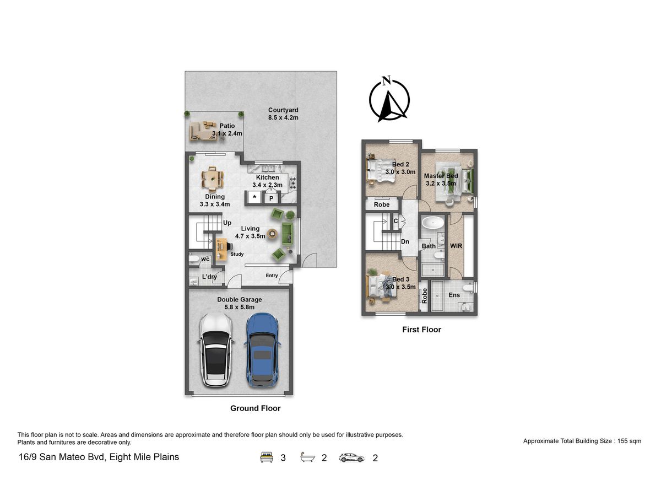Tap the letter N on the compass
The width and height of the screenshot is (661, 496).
pyautogui.click(x=386, y=80)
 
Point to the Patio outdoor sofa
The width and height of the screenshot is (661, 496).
pyautogui.click(x=203, y=131)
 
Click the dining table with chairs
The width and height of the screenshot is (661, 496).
pyautogui.click(x=213, y=179)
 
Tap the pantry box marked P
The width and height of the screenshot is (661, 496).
pyautogui.click(x=271, y=198)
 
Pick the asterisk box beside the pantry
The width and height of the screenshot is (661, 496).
pyautogui.click(x=254, y=197)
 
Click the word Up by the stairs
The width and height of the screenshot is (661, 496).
pyautogui.click(x=227, y=223)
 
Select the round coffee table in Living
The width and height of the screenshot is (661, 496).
pyautogui.click(x=272, y=234)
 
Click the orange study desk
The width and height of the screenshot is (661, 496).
pyautogui.click(x=221, y=249)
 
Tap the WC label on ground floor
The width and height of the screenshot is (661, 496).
pyautogui.click(x=205, y=259)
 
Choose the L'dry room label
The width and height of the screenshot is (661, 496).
pyautogui.click(x=209, y=277)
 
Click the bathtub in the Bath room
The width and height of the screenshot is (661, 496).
pyautogui.click(x=433, y=223)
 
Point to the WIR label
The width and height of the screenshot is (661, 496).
pyautogui.click(x=456, y=246)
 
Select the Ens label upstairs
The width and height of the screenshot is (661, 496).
pyautogui.click(x=454, y=295)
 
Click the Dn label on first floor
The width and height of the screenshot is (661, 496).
pyautogui.click(x=405, y=241)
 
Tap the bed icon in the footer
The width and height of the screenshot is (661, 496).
pyautogui.click(x=267, y=457)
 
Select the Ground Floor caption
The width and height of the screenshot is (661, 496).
pyautogui.click(x=255, y=408)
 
